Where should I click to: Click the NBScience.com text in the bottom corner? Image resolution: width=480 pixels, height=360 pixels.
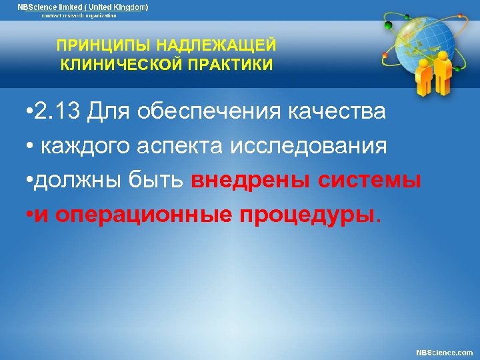click(444, 351)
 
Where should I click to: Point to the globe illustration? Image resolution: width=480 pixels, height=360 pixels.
click(421, 40)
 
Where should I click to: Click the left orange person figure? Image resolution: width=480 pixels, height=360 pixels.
click(424, 77)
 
